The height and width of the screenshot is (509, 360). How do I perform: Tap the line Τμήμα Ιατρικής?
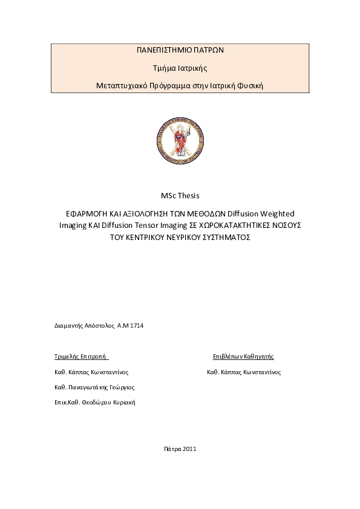[180, 68]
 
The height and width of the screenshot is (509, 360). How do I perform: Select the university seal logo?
[180, 140]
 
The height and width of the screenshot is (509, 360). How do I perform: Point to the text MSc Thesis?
[180, 195]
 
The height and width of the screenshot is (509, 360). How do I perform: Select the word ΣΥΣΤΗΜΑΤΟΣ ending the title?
[220, 238]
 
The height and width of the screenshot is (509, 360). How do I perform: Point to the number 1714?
[137, 326]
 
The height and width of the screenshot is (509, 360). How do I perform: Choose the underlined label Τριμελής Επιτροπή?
[81, 357]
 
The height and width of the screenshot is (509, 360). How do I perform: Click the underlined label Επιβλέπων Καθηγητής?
[243, 357]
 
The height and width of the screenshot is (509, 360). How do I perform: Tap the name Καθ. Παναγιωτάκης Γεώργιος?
[94, 387]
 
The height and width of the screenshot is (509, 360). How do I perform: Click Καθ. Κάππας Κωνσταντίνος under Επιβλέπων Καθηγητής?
[244, 372]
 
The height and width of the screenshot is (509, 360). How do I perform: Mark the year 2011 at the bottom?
[189, 449]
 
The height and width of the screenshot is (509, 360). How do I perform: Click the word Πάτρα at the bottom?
[172, 449]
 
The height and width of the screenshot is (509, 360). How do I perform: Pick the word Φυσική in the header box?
[249, 85]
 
